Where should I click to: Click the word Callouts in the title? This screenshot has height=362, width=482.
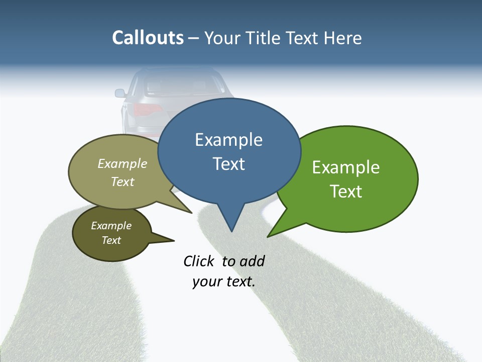click(148, 38)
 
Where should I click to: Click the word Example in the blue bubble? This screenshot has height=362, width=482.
click(228, 140)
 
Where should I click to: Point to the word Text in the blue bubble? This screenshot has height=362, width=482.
click(228, 164)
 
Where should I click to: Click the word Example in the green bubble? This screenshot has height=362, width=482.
click(346, 167)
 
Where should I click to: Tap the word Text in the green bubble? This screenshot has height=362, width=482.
click(346, 192)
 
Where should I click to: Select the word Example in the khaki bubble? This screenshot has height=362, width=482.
click(123, 164)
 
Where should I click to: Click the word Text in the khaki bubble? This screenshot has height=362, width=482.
click(123, 182)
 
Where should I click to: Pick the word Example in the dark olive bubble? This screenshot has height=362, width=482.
click(111, 226)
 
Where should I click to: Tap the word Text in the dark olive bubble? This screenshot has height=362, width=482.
click(111, 240)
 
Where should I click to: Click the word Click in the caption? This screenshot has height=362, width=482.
click(198, 261)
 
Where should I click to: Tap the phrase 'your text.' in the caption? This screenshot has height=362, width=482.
click(223, 282)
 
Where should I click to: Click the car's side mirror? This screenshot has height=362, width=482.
click(120, 93)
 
